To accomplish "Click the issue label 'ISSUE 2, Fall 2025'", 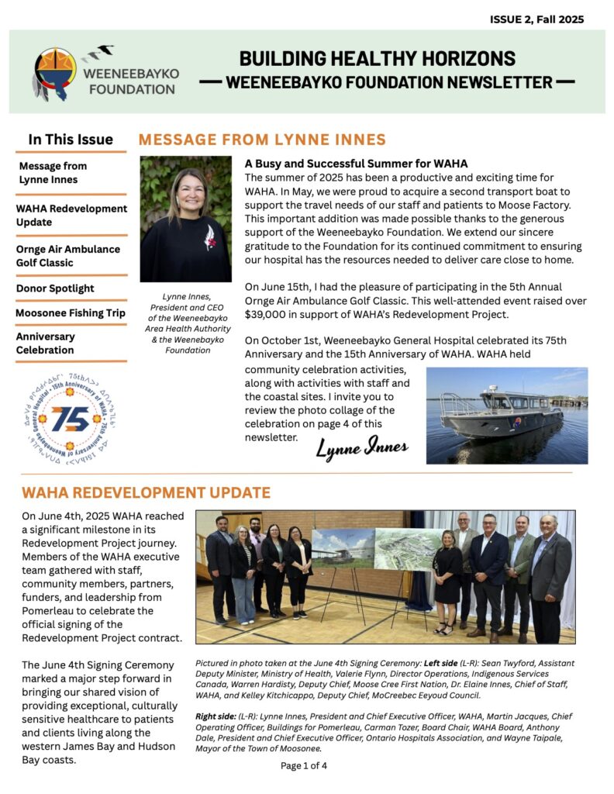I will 536,19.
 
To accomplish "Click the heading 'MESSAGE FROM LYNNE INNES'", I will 261,140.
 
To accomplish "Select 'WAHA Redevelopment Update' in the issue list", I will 71,216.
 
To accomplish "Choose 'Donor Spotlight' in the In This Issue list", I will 55,288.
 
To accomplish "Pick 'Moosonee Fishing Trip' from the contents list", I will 70,313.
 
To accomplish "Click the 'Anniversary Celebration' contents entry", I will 46,343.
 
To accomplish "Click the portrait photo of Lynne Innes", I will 185,219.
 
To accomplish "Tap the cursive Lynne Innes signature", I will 361,449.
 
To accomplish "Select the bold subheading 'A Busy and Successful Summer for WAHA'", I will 356,164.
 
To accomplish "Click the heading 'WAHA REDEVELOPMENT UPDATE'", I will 146,493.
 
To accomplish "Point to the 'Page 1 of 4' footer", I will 304,766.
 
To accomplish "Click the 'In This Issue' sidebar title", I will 71,140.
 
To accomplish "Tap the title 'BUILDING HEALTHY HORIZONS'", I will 377,58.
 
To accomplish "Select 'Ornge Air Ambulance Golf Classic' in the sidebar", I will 68,256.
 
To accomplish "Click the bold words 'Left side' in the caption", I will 440,665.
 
